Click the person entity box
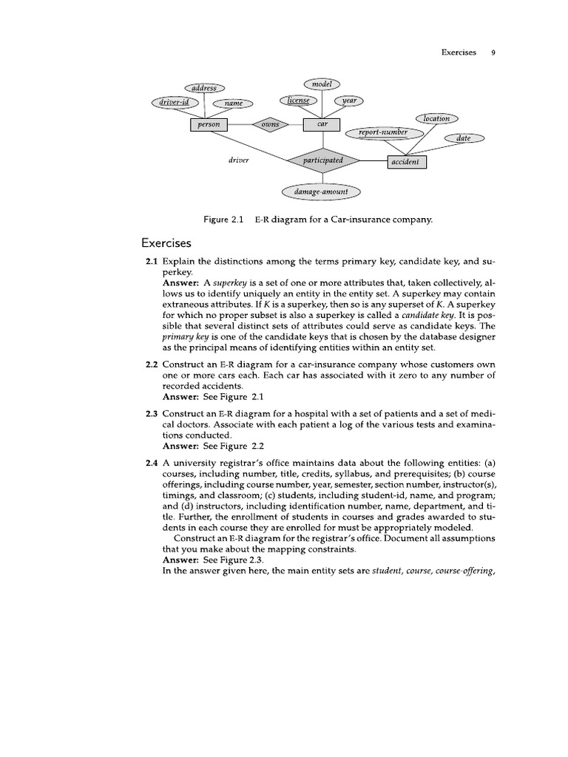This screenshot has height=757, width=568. tap(208, 125)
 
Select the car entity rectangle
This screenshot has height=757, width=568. tap(322, 125)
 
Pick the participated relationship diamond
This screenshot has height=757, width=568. tap(322, 160)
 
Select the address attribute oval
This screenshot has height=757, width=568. tap(204, 88)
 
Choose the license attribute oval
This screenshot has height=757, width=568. tap(298, 101)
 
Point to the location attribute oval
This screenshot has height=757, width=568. tap(436, 118)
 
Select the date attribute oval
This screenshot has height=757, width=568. tap(463, 138)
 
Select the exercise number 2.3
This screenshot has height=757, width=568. tap(152, 412)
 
